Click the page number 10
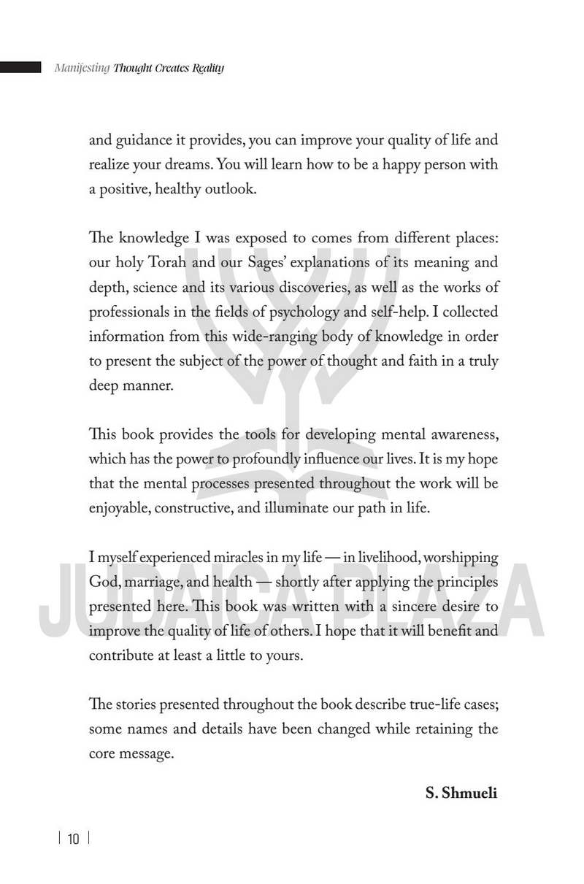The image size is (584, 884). [x=73, y=839]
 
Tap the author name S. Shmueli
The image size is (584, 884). [x=461, y=793]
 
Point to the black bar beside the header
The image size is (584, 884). [x=20, y=68]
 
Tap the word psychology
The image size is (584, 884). [x=304, y=312]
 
